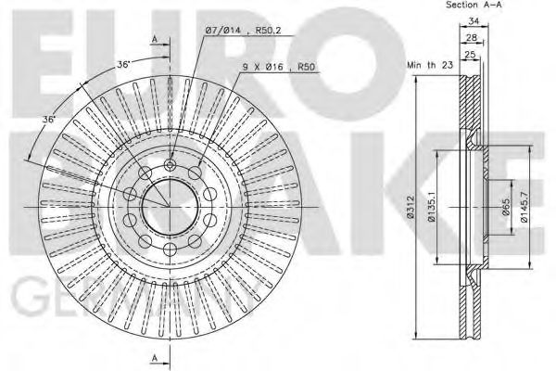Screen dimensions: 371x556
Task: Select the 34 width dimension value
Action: point(473,23)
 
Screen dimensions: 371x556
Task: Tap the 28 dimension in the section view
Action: point(473,37)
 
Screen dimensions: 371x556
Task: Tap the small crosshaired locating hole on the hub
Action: point(170,165)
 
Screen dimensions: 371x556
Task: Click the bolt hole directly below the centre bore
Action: point(170,246)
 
